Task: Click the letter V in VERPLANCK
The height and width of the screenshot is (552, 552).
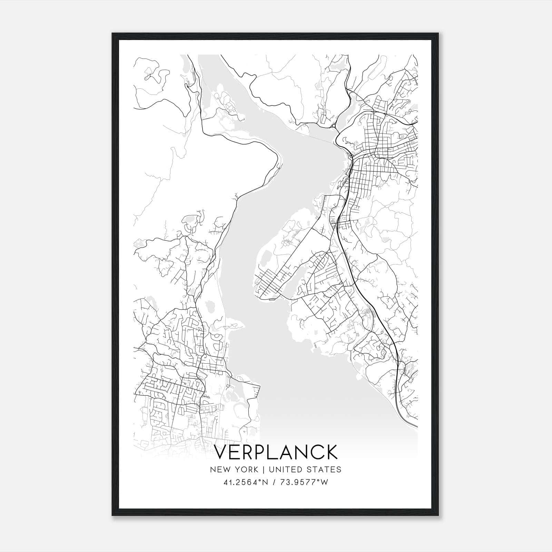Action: pos(221,452)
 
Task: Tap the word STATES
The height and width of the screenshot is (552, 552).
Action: pos(324,470)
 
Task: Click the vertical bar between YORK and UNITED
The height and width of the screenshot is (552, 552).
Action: pos(263,470)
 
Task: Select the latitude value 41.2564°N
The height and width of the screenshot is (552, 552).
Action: pos(246,482)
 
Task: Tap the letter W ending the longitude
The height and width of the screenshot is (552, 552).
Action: pos(325,482)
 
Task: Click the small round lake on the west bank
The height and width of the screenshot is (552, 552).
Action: pos(210,306)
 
